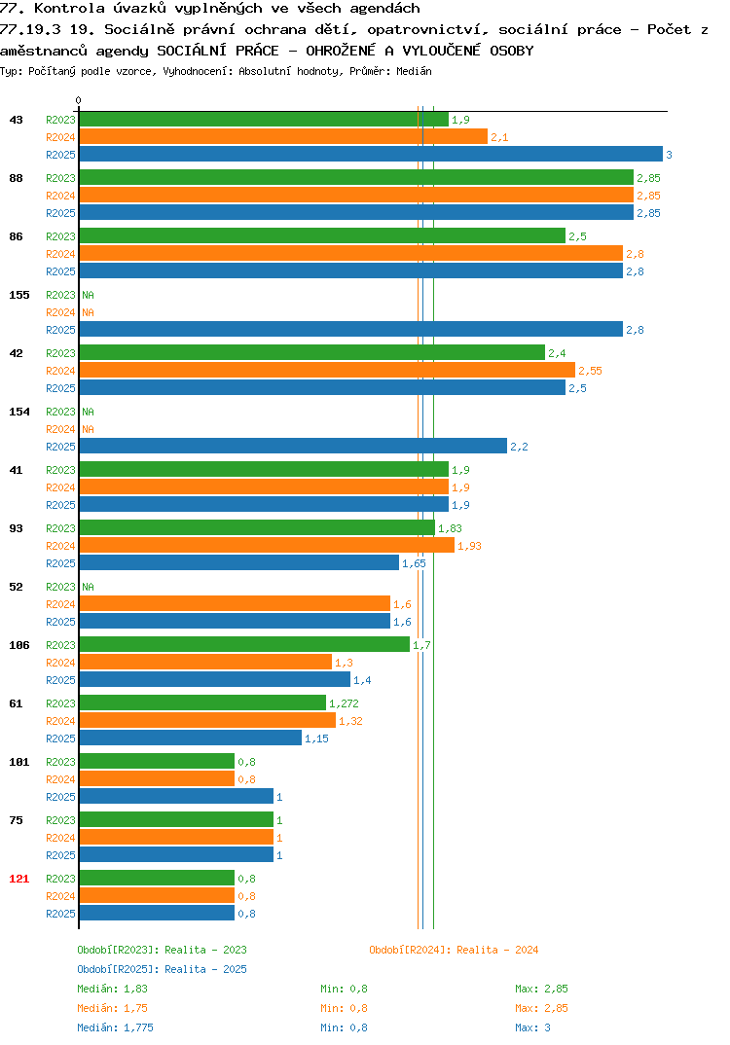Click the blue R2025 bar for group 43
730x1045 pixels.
click(371, 154)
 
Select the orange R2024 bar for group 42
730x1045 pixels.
click(327, 370)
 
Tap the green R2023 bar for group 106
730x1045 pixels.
click(244, 644)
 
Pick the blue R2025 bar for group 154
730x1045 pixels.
click(293, 446)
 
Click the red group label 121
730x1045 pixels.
click(19, 879)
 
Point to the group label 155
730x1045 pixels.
click(19, 295)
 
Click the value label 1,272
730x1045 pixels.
click(344, 703)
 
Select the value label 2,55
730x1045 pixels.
click(590, 371)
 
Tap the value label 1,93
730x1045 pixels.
click(469, 546)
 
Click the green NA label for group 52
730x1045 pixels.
click(88, 587)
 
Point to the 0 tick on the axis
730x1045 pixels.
click(79, 100)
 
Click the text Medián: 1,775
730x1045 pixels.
click(115, 1027)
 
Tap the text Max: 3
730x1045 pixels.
click(533, 1027)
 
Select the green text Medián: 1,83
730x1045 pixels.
click(113, 989)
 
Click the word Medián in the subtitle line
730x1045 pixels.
click(414, 71)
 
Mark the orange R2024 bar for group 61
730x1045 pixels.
click(207, 720)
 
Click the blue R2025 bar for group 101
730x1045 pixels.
click(176, 796)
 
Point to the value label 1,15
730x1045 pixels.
click(316, 739)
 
